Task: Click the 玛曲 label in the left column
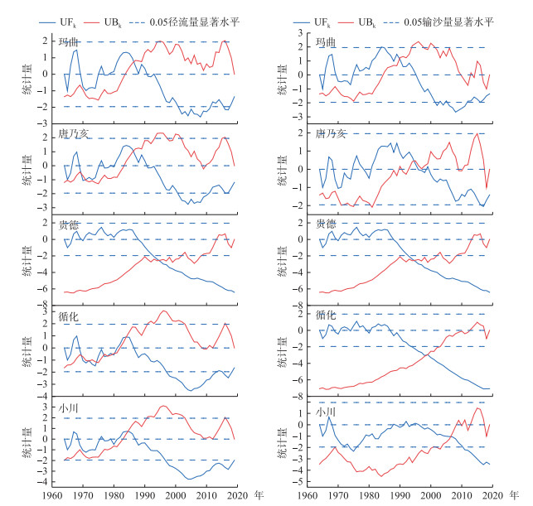pos(68,41)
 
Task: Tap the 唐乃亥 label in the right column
pos(331,134)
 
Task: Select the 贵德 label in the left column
pos(68,224)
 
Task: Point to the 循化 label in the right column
pos(326,315)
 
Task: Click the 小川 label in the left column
pos(68,407)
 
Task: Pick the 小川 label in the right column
pos(326,412)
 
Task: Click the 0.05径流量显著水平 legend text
pos(195,22)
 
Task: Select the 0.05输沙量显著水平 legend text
pos(448,22)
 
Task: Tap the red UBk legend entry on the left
pos(103,22)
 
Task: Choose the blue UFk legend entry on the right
pos(312,22)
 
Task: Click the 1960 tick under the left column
pos(52,495)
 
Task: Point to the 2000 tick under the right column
pos(431,495)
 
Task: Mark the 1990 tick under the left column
pos(145,495)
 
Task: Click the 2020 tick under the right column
pos(492,495)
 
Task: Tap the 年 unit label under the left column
pos(259,495)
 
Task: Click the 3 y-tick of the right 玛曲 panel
pos(300,33)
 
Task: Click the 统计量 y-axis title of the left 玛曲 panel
pos(27,79)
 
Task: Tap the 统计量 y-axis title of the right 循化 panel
pos(282,352)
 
